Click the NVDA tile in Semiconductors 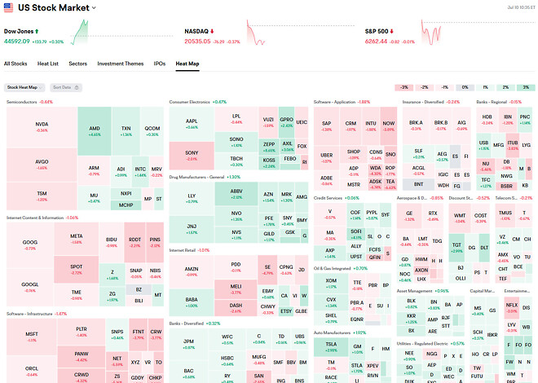click(x=41, y=127)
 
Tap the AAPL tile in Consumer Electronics click(x=192, y=123)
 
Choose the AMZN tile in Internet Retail click(x=192, y=271)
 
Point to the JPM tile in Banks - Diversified click(x=189, y=342)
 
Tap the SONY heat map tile click(x=192, y=155)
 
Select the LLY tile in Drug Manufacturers click(x=192, y=198)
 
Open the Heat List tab click(x=48, y=63)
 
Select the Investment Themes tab click(x=120, y=63)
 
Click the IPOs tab click(x=160, y=63)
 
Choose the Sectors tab click(x=78, y=63)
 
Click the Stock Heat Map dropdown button click(x=24, y=86)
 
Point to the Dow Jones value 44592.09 click(x=22, y=40)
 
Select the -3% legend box click(x=403, y=86)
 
